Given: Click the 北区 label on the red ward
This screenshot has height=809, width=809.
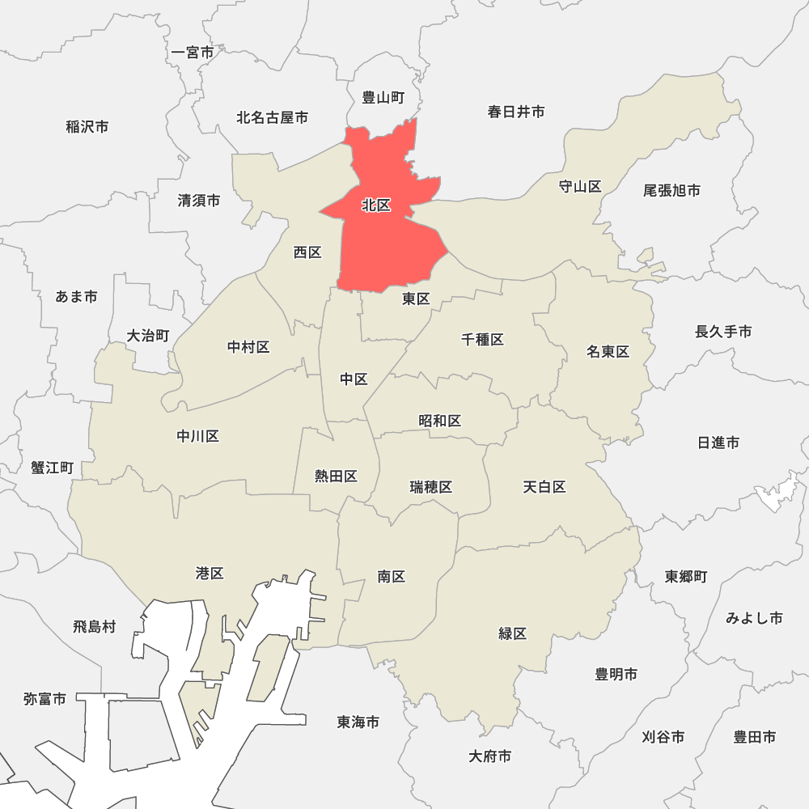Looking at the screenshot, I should tap(376, 205).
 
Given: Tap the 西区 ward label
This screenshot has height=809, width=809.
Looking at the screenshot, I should tap(307, 252).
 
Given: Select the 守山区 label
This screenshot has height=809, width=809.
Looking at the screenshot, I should tap(580, 187).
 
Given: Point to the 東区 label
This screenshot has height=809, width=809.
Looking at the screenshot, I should tap(416, 299).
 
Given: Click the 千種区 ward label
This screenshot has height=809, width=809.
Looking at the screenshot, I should tap(482, 340).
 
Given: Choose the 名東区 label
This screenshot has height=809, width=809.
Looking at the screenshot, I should tap(608, 352).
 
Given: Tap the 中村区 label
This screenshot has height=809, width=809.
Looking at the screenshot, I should tap(248, 347).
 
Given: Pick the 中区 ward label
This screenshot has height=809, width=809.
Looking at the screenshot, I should tap(354, 379).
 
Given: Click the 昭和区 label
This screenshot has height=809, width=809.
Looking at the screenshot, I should tap(439, 421).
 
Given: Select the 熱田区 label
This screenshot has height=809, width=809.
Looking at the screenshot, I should tap(336, 476).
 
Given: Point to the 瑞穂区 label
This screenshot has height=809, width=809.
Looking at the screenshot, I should tap(430, 487).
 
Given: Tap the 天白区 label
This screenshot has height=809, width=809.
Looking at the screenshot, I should tap(544, 487).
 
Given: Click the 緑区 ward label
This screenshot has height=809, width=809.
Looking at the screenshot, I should tap(512, 633).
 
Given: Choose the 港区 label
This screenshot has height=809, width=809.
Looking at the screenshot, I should tap(210, 574).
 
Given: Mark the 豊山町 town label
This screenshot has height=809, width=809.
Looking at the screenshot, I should tap(383, 98).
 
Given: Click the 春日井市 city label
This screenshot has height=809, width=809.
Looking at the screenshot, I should tap(516, 112).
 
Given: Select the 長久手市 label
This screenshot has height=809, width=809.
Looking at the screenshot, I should tap(723, 332).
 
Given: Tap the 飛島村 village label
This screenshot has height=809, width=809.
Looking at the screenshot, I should tap(95, 626).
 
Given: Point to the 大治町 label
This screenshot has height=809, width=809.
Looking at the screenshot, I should tap(148, 335).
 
